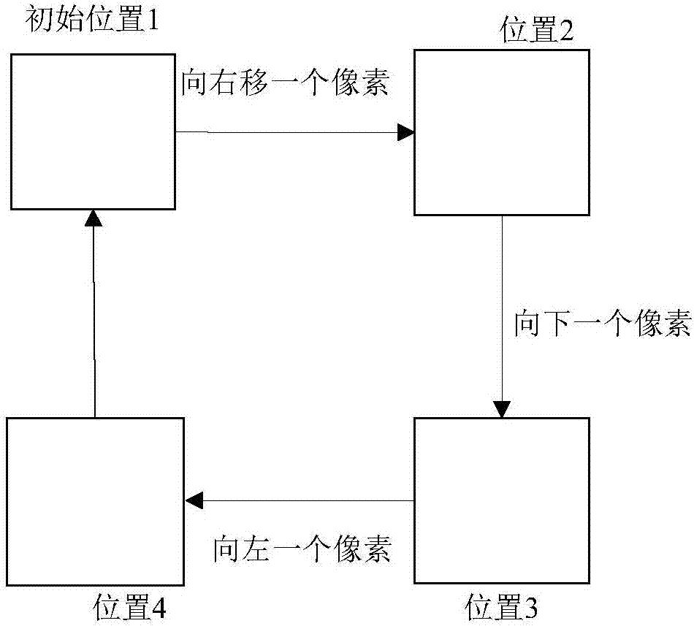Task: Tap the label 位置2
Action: [535, 31]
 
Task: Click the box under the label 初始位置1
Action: [93, 130]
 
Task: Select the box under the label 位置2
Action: [501, 132]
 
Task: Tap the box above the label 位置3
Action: [501, 500]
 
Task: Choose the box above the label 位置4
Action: [95, 499]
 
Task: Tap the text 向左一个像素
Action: [302, 548]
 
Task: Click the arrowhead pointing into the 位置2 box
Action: [406, 132]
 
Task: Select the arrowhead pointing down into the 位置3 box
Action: [501, 409]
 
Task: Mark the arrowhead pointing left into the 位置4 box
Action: [194, 501]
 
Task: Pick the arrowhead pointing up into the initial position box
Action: [93, 218]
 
